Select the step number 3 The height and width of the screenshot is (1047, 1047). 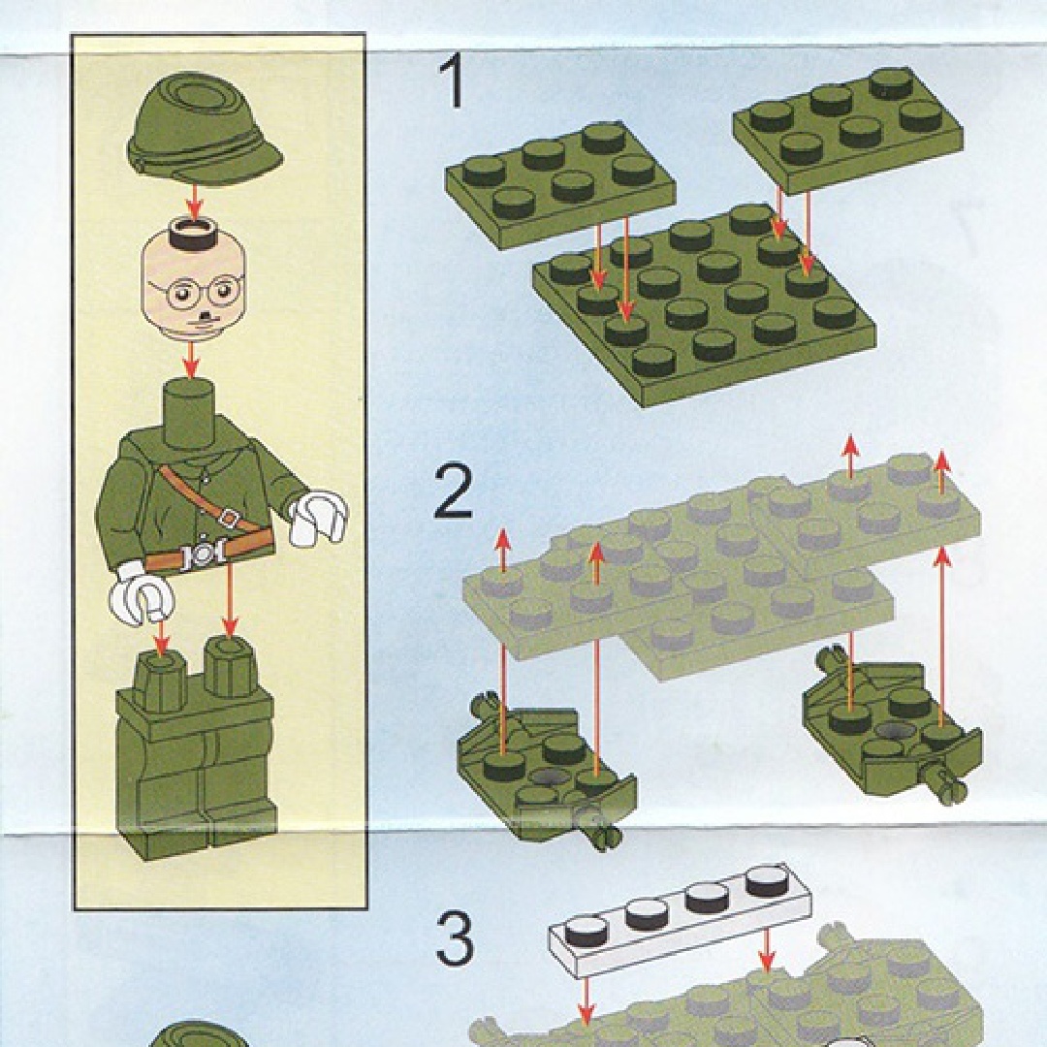point(455,938)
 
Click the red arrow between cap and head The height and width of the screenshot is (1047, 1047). point(194,201)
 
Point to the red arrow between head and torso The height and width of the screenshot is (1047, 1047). point(192,361)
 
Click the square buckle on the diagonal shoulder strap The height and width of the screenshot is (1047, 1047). point(229,518)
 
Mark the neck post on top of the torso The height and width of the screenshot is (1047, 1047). point(191,412)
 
